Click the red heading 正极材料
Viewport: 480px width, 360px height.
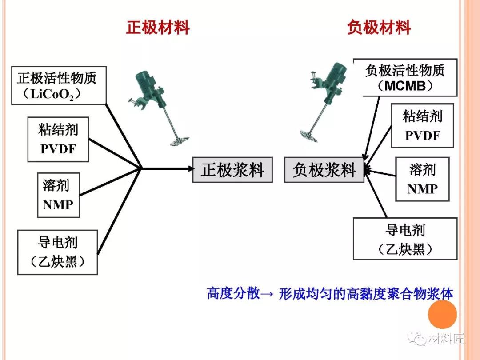pos(158,28)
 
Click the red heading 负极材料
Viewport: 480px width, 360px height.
pos(379,28)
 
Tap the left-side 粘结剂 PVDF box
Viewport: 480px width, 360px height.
pos(58,139)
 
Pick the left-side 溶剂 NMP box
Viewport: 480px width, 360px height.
pos(58,195)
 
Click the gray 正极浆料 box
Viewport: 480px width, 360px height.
pos(232,170)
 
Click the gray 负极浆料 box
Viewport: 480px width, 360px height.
pos(324,170)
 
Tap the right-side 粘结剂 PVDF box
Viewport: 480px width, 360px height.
pos(422,126)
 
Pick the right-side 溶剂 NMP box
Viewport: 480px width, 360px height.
pos(422,179)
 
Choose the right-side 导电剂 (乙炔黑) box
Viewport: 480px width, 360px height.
pos(405,239)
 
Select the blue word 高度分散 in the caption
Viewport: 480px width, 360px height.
pos(232,294)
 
